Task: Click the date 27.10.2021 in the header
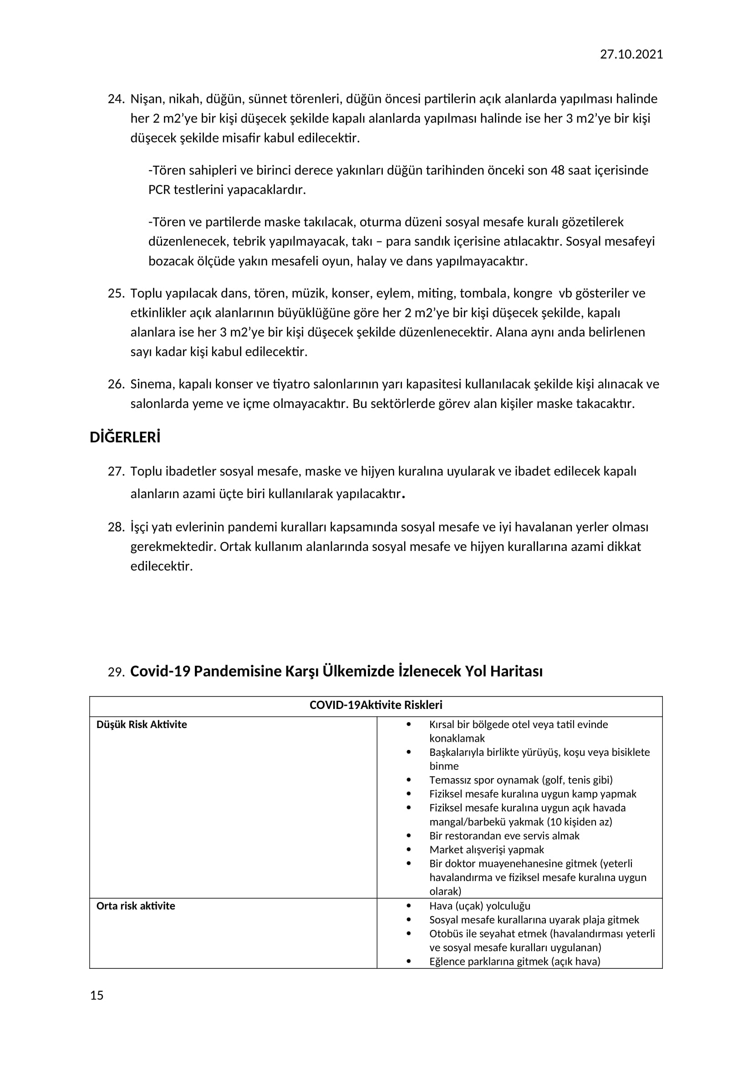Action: point(631,54)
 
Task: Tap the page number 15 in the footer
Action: point(97,995)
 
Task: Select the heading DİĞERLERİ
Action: point(125,438)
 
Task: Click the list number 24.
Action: point(116,99)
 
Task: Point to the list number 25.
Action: point(116,293)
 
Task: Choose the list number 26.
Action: point(116,384)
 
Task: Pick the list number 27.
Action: point(116,471)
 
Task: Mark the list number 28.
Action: point(116,527)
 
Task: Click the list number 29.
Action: point(116,672)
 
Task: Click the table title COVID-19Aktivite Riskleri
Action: point(376,705)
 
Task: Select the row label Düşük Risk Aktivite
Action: point(142,724)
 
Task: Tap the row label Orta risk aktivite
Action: point(135,906)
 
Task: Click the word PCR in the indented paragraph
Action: point(159,190)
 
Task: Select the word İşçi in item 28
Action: point(139,527)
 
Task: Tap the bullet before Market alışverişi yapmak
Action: point(408,849)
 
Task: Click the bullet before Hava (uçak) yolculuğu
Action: point(408,906)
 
